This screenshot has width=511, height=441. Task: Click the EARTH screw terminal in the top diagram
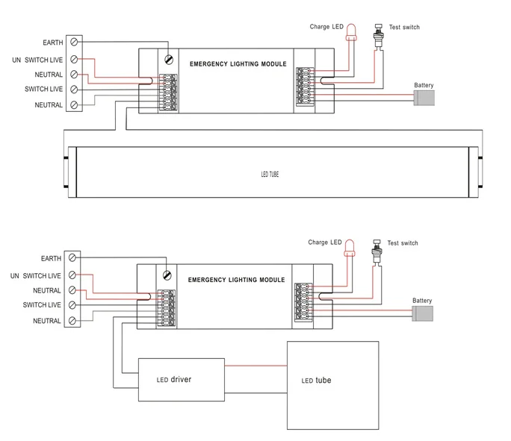[x=74, y=42]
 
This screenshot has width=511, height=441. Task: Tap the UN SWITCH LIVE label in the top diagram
[x=37, y=60]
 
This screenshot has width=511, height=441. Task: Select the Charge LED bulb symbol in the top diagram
[x=351, y=32]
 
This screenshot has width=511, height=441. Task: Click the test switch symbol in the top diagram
[x=378, y=37]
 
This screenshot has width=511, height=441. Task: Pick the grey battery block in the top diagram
[x=424, y=98]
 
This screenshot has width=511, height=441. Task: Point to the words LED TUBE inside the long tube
[x=270, y=174]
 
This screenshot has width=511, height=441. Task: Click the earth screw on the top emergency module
[x=169, y=60]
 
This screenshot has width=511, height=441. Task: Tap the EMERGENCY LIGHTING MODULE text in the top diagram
[x=238, y=63]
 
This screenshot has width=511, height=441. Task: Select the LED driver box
[x=182, y=380]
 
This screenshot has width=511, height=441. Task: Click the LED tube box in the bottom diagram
[x=332, y=385]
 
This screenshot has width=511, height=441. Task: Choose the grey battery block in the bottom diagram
[x=422, y=313]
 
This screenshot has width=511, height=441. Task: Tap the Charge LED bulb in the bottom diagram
[x=350, y=248]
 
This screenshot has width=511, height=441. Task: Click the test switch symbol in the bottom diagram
[x=377, y=252]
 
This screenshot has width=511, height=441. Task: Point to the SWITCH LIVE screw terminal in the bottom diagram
[x=72, y=305]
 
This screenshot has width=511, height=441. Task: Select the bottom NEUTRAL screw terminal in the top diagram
[x=74, y=104]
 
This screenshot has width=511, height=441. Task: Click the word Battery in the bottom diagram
[x=422, y=301]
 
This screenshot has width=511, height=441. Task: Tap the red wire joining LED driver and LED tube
[x=255, y=366]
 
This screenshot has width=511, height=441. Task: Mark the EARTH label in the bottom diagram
[x=51, y=258]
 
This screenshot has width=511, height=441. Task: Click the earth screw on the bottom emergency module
[x=167, y=275]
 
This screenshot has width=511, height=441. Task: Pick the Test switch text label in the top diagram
[x=404, y=27]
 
